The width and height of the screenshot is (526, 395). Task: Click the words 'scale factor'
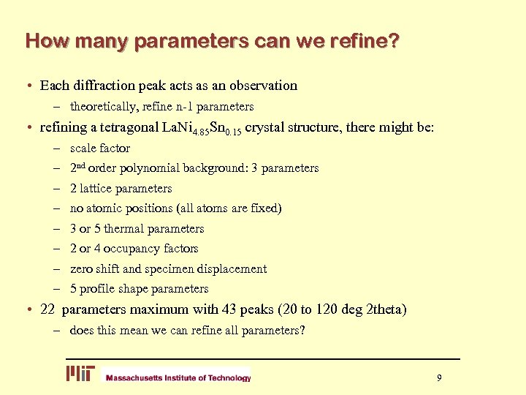click(100, 148)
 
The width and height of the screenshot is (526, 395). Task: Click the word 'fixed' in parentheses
click(265, 208)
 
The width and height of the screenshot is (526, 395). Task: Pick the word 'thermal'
click(126, 228)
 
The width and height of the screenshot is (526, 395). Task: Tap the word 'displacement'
click(232, 268)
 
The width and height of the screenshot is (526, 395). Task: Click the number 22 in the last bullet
click(48, 309)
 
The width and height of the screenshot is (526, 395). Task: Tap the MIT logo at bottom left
click(80, 374)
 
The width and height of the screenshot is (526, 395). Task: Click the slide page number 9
click(439, 377)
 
